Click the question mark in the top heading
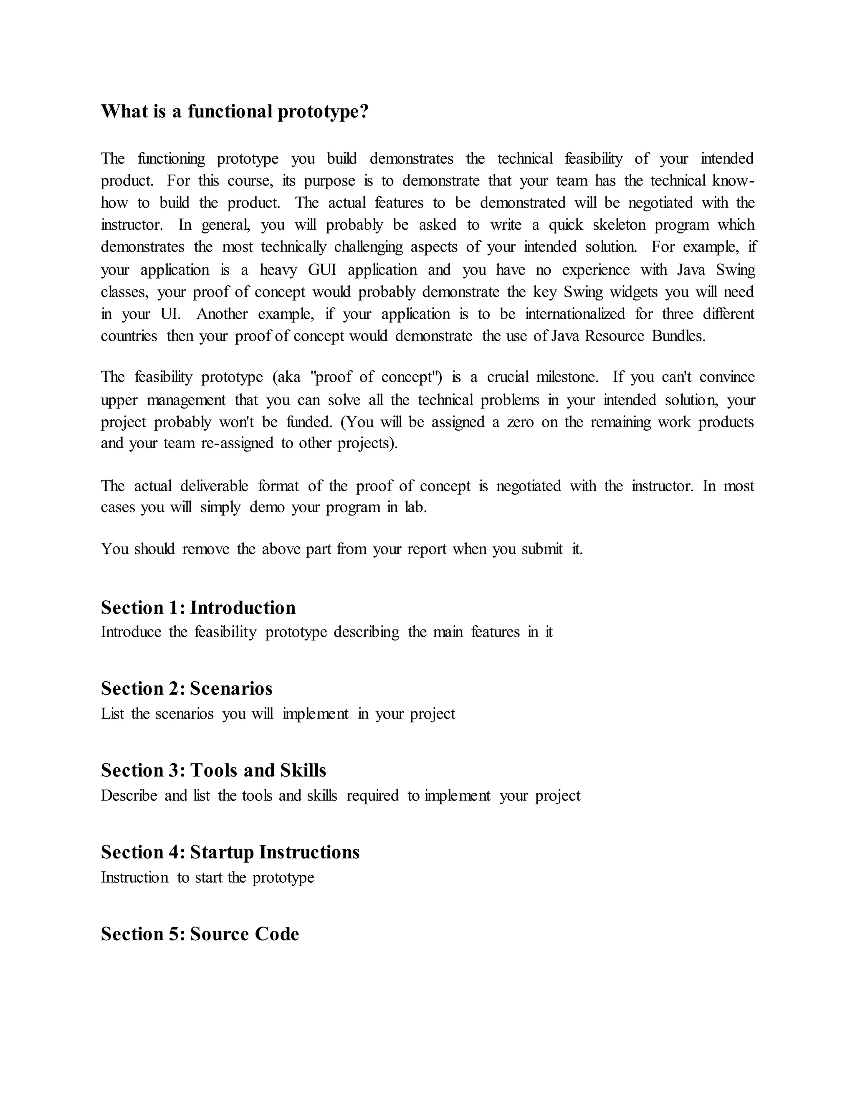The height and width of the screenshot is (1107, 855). [363, 111]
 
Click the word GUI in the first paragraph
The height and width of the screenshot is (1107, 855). [321, 270]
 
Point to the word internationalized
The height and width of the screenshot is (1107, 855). [575, 314]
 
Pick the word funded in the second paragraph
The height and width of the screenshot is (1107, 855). [309, 422]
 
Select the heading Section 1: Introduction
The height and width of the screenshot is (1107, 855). [198, 608]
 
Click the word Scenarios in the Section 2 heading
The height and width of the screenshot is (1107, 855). [231, 689]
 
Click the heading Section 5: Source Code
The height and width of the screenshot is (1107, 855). [200, 934]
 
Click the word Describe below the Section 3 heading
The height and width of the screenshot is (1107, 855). [129, 796]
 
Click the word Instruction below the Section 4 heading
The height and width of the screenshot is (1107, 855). [134, 877]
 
